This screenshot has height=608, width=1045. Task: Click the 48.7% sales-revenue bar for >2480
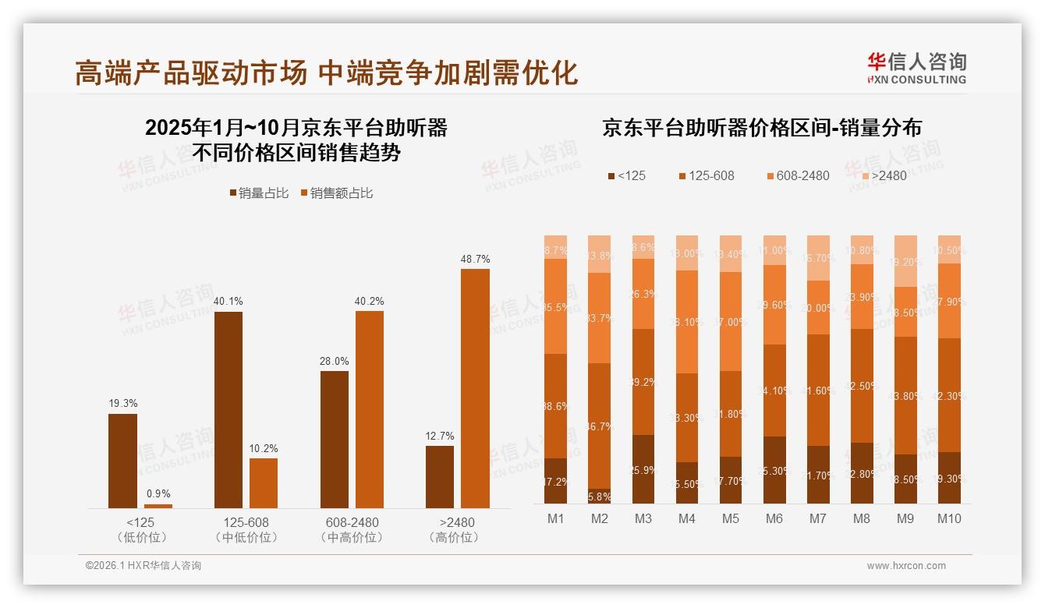coord(475,388)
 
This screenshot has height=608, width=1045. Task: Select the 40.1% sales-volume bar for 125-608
coord(228,410)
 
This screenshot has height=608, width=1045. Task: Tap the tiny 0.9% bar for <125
coord(158,506)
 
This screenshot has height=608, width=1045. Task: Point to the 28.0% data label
coord(335,362)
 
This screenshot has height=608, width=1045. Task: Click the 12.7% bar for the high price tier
coord(440,476)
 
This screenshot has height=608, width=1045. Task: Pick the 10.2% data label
coord(264,449)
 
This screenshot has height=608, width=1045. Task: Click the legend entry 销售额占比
coord(336,193)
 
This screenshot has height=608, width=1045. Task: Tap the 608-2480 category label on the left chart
coord(352,522)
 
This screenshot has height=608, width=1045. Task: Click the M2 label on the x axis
coord(599,518)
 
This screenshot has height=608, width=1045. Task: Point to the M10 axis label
coord(949,518)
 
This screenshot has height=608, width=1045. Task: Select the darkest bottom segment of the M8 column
coord(862,473)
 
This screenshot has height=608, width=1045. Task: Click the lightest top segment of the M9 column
coord(905,261)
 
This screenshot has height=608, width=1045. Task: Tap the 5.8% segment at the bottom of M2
coord(599,496)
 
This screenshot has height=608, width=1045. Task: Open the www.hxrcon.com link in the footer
coord(906,566)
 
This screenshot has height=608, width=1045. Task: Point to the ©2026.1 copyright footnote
coord(143,566)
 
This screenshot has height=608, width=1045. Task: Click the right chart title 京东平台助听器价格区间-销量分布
coord(761,128)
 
